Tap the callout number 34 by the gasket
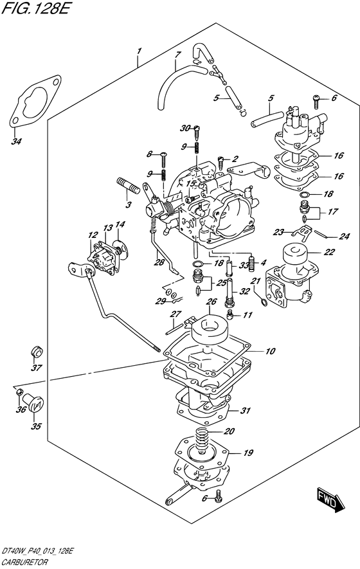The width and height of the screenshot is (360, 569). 15,141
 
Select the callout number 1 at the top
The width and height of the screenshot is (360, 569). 139,51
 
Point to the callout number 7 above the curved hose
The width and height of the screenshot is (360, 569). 177,55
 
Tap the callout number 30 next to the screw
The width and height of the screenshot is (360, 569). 185,128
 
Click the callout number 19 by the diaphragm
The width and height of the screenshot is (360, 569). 248,453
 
